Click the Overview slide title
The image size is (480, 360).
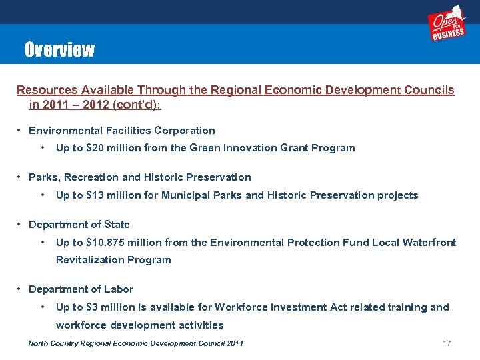[x=59, y=50]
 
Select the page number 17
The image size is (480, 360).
[x=447, y=343]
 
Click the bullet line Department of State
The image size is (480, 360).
[x=79, y=225]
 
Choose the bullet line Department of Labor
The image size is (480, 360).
[x=81, y=289]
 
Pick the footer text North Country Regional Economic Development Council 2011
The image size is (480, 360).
[x=135, y=343]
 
